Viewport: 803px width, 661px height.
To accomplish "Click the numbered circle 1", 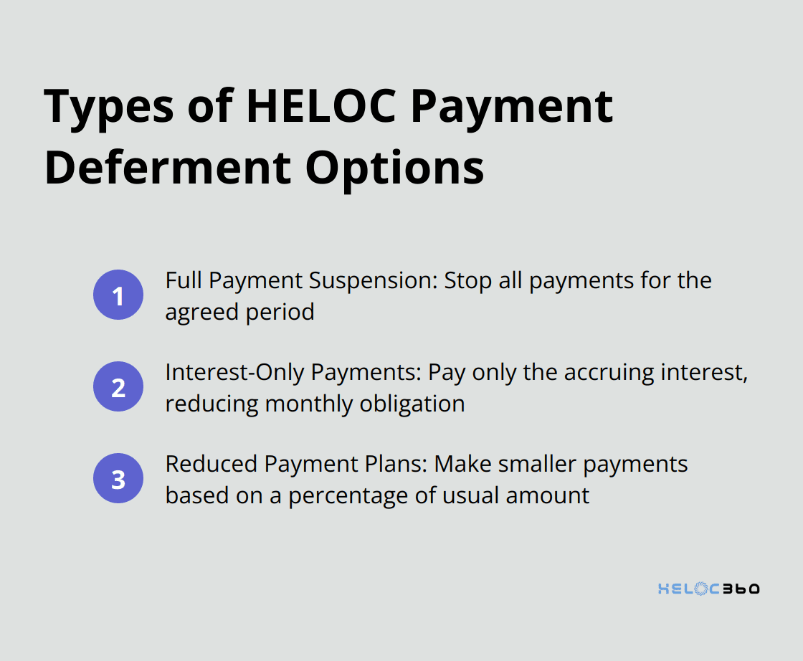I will tap(118, 295).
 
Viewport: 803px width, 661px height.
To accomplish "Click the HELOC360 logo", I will tap(708, 589).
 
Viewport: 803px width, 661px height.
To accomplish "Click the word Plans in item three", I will tap(395, 464).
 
